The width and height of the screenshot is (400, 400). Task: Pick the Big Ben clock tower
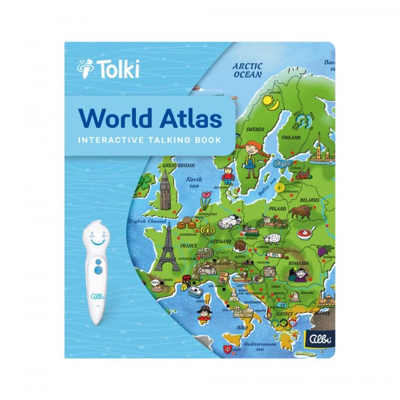tap(163, 189)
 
